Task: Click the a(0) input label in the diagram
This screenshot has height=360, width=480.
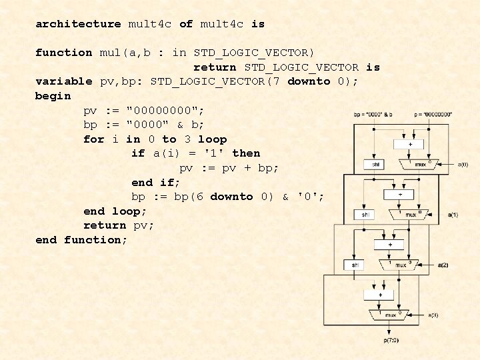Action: (x=463, y=163)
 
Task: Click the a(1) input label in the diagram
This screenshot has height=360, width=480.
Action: (x=453, y=215)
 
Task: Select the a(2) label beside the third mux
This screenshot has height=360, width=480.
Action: (x=443, y=265)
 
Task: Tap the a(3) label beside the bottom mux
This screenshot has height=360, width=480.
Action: (x=433, y=315)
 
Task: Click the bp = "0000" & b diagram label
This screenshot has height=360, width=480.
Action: (x=373, y=115)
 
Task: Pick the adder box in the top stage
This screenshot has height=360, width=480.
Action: (x=409, y=144)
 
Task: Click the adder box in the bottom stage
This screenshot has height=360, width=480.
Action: (x=381, y=294)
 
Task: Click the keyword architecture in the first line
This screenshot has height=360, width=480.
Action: (x=78, y=24)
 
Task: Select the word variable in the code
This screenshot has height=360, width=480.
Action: (x=64, y=81)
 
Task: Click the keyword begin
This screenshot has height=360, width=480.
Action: (x=53, y=96)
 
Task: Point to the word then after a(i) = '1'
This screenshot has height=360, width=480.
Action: (x=246, y=153)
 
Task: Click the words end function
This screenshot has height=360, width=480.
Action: (x=81, y=240)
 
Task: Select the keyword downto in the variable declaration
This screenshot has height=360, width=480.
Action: (x=309, y=81)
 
